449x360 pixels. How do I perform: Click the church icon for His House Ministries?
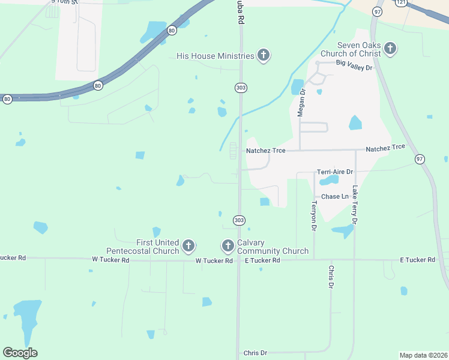point(263,56)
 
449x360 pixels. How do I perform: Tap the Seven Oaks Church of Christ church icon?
point(390,49)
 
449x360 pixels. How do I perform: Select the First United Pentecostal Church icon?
point(188,245)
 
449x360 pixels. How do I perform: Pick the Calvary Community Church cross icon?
point(228,245)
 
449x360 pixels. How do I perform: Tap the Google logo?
point(20,353)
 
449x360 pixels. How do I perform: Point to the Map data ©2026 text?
point(423,355)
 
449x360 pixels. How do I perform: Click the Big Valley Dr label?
point(354,62)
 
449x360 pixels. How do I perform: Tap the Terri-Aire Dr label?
point(334,172)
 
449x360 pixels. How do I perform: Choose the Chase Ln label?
point(335,197)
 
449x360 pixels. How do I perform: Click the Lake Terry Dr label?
point(355,205)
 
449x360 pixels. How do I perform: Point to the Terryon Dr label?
point(313,216)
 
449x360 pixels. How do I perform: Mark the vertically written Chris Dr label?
point(331,277)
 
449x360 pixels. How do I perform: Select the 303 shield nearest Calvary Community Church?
point(239,220)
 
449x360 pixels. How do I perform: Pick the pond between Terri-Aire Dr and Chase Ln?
point(328,180)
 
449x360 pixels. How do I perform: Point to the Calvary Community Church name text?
point(273,247)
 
